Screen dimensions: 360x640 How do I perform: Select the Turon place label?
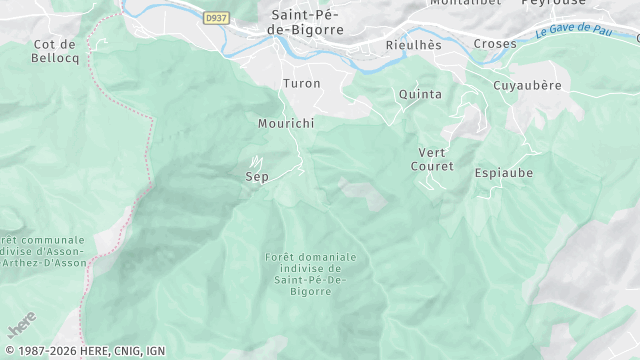point(302,83)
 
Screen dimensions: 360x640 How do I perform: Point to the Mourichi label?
point(286,123)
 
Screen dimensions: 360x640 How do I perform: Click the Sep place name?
point(257,176)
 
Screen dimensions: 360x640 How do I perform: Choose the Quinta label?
point(420,94)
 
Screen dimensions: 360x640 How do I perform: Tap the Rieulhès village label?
point(413,45)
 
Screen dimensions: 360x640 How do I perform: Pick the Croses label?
point(495,44)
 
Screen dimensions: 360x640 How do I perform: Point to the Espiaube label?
point(504,173)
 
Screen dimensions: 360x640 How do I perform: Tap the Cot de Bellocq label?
point(55,51)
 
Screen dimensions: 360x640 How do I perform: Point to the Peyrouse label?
point(552,3)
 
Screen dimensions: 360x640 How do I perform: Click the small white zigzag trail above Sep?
point(256,160)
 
